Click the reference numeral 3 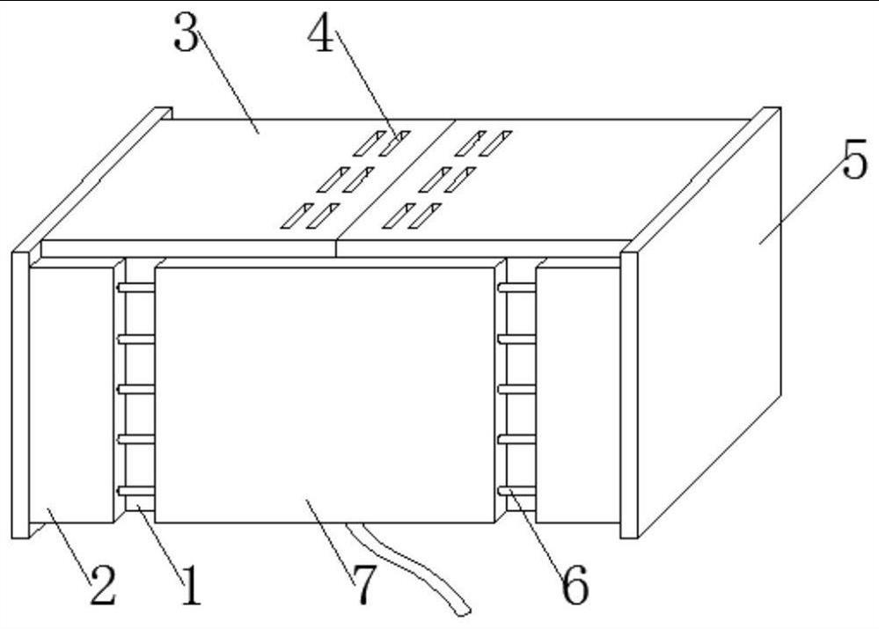[x=187, y=32]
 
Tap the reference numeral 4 [x=320, y=33]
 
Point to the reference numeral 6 [x=575, y=585]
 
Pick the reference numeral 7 [x=363, y=584]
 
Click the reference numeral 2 [x=103, y=585]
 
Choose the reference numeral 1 [x=192, y=585]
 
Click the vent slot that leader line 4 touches [x=394, y=143]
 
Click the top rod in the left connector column [x=136, y=288]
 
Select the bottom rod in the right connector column [x=516, y=491]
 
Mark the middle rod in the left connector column [x=136, y=389]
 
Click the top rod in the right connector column [x=516, y=288]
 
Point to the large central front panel [x=326, y=395]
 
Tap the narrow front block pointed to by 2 [x=71, y=395]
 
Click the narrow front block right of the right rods [x=578, y=395]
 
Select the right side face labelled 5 [x=709, y=322]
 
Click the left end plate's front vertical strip [x=21, y=395]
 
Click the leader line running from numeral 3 [x=228, y=83]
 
